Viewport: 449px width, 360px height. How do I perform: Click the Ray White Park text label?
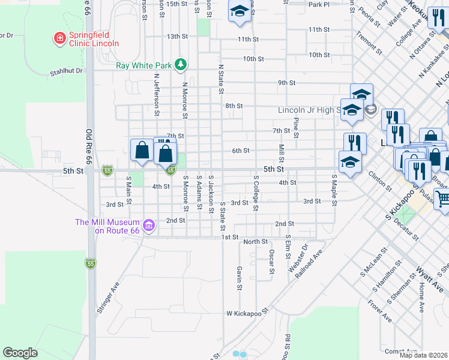pyautogui.click(x=143, y=65)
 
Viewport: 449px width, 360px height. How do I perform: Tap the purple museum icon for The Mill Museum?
pyautogui.click(x=149, y=226)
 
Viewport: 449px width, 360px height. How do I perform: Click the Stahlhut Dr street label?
pyautogui.click(x=66, y=71)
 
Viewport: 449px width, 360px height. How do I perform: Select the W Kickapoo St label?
pyautogui.click(x=246, y=313)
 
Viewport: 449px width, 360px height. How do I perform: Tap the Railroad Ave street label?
pyautogui.click(x=313, y=257)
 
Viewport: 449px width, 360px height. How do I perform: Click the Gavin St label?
pyautogui.click(x=239, y=278)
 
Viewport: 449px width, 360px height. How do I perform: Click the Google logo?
pyautogui.click(x=20, y=353)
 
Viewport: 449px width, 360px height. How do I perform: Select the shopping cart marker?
pyautogui.click(x=443, y=199)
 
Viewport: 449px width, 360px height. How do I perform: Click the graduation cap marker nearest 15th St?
pyautogui.click(x=240, y=12)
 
